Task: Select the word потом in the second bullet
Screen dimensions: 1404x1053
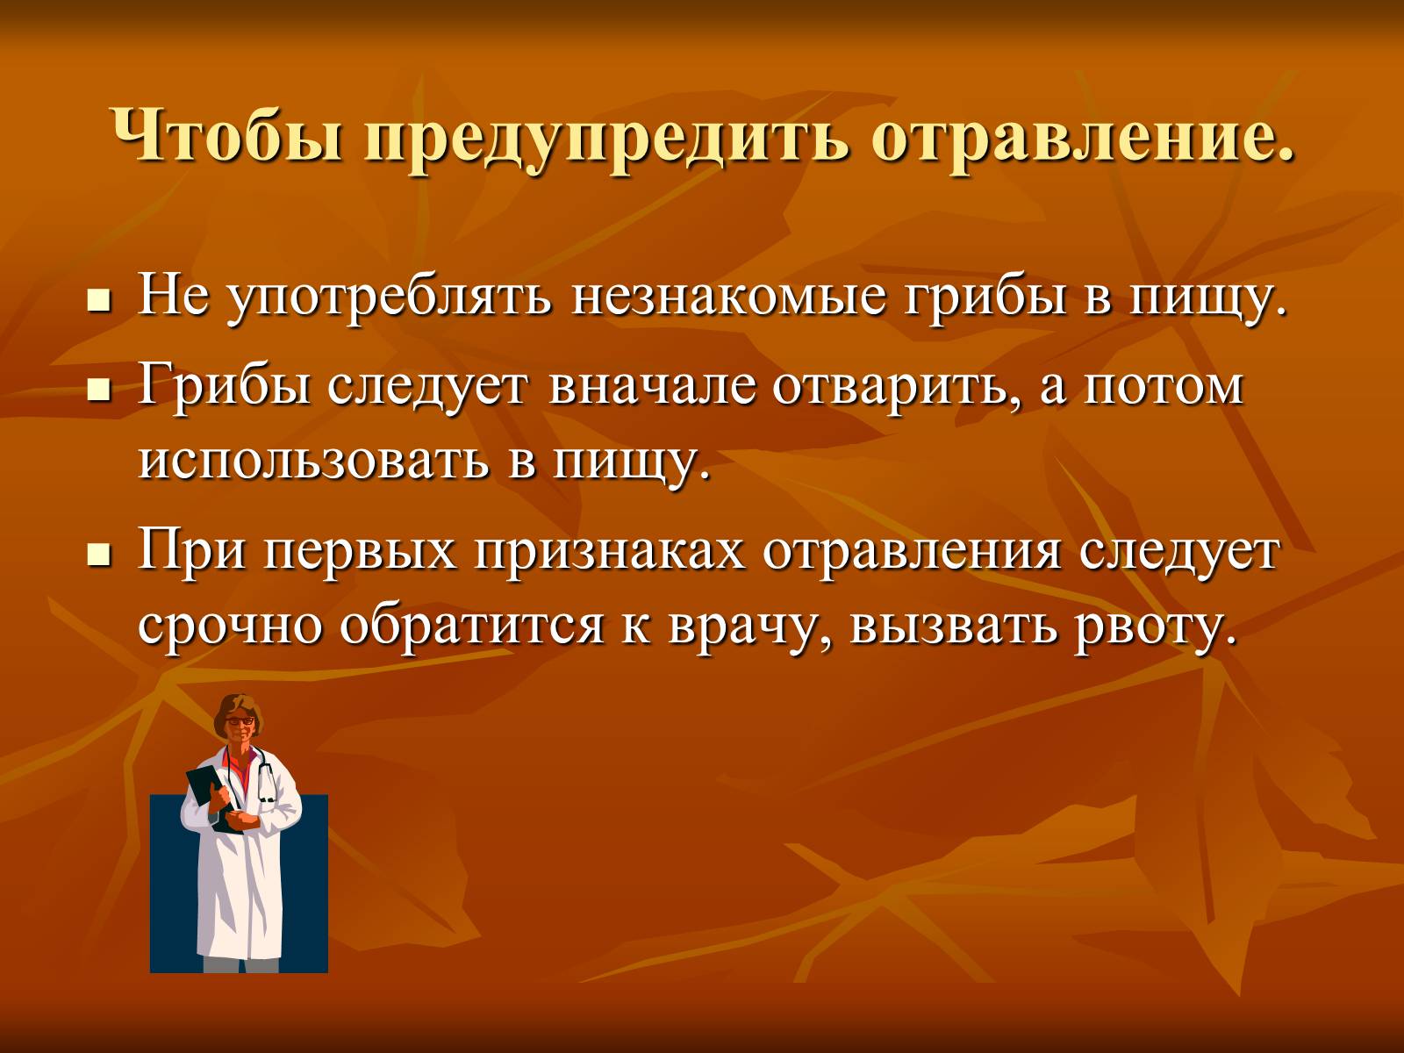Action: tap(1164, 388)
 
